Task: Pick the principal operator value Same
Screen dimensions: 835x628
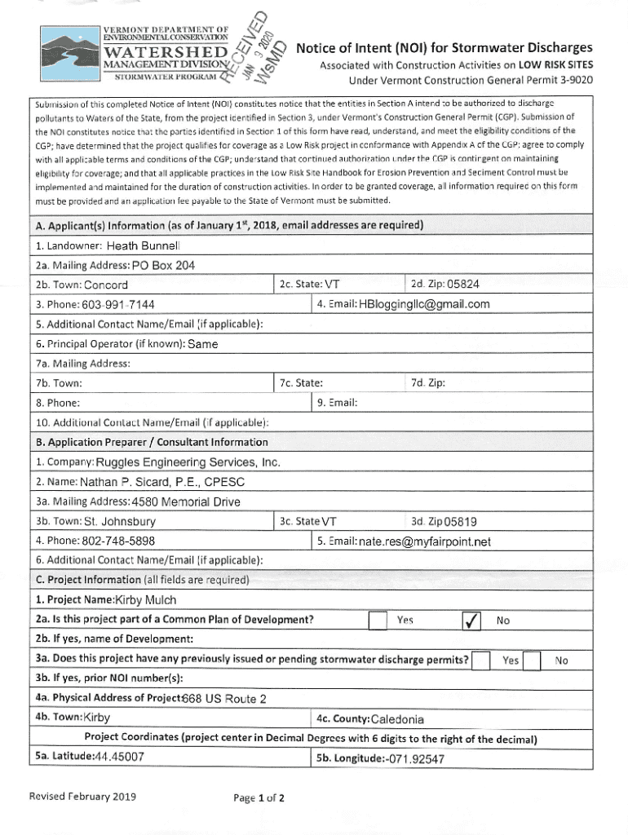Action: pos(202,344)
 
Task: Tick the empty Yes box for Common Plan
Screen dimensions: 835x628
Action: pos(377,621)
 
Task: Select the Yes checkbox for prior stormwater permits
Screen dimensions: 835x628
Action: pos(482,660)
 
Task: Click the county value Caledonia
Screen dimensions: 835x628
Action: pos(397,719)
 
